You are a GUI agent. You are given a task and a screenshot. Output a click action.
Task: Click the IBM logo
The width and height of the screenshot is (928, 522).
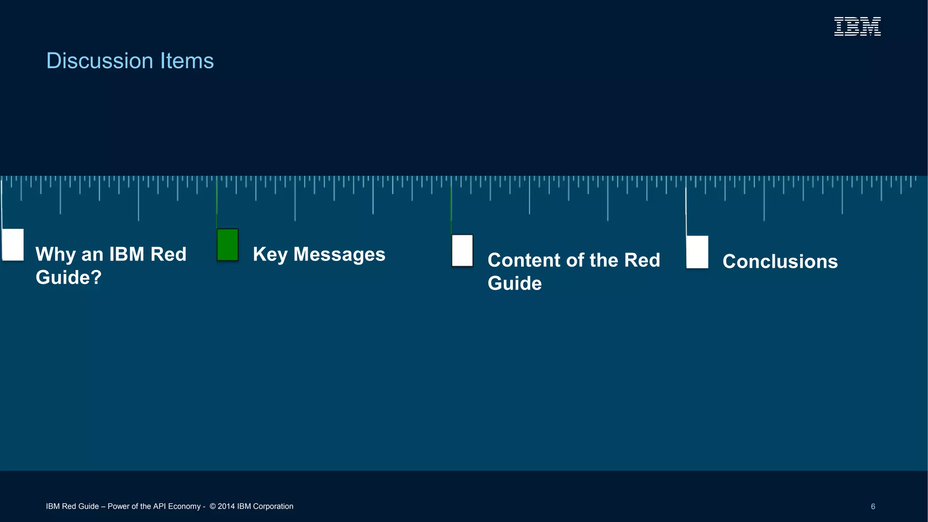tap(857, 26)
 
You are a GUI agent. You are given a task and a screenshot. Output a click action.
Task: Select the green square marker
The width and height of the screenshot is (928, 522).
tap(227, 245)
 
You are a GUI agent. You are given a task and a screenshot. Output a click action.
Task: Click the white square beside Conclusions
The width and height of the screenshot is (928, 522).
tap(697, 252)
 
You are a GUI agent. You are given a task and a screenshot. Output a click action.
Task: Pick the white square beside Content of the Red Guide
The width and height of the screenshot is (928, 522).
tap(462, 251)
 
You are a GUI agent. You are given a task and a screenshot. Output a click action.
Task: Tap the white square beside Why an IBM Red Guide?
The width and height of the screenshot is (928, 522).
tap(13, 245)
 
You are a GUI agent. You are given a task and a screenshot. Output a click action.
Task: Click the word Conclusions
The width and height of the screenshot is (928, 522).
tap(780, 261)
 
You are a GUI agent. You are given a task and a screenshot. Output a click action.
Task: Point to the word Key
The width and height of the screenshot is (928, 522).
tap(270, 255)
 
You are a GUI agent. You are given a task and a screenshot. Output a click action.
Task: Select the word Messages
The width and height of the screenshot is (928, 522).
tap(339, 255)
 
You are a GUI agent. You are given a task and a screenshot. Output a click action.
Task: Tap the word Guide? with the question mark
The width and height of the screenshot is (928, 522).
tap(68, 277)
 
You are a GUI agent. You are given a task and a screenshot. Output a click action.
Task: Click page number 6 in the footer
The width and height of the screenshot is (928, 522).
tap(873, 507)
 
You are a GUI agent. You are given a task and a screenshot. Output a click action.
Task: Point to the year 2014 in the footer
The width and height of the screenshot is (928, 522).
tap(226, 507)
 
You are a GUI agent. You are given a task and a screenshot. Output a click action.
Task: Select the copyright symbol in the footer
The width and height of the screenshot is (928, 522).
tap(213, 507)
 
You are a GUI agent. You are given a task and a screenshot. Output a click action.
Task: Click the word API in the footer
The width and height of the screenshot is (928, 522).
tap(159, 507)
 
